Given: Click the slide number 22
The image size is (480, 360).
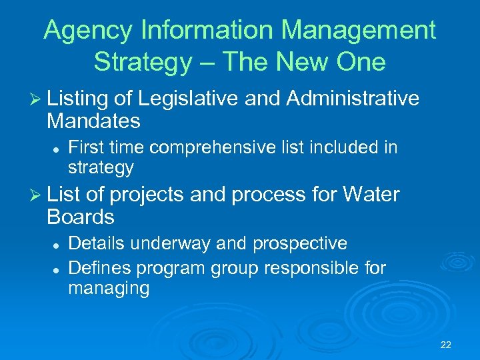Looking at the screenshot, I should point(446,345).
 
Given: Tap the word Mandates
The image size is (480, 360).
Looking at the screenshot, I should point(93,121).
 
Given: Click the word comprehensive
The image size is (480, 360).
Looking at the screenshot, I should point(227,146).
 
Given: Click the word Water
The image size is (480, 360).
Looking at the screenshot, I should point(371,195).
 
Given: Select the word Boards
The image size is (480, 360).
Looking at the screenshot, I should point(81,217).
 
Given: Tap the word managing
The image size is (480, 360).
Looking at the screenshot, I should point(109,289).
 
